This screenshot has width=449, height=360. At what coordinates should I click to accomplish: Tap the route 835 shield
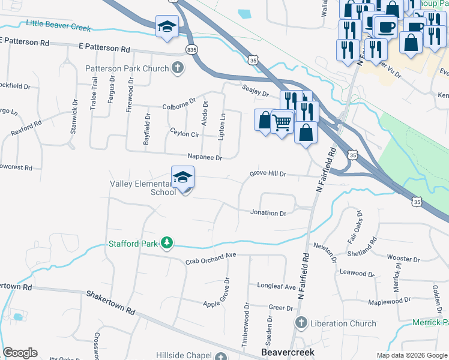coord(191,49)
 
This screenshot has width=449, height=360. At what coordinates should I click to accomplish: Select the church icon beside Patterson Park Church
coord(178,68)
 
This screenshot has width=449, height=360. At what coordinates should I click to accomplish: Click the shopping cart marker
coord(282,122)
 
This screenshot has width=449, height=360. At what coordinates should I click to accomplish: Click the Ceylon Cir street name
coord(184,131)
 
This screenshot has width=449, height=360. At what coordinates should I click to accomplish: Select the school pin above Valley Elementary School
coord(182,177)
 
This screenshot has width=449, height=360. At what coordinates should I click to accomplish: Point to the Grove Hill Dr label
coord(268,174)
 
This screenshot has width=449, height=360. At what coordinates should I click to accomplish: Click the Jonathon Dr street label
coord(268,212)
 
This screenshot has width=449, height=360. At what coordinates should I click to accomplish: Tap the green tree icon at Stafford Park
coord(166,243)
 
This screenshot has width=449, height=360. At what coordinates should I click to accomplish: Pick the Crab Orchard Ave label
coord(210,259)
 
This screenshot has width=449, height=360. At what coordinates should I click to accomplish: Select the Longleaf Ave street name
coord(277,286)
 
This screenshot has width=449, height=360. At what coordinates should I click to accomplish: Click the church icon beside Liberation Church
coord(302,323)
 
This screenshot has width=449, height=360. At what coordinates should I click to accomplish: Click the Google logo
coord(20,353)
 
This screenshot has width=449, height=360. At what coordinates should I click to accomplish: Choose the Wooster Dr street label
coord(403,259)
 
